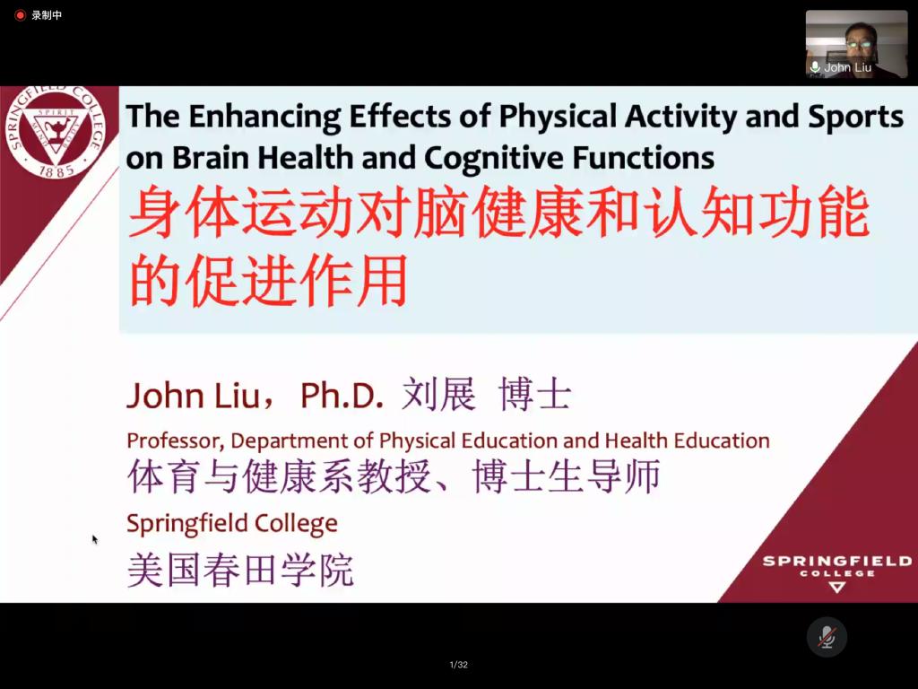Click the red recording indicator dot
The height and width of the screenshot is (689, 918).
pyautogui.click(x=20, y=15)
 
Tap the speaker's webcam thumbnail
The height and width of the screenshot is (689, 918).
pyautogui.click(x=856, y=44)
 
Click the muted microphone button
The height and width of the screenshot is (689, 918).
pyautogui.click(x=827, y=637)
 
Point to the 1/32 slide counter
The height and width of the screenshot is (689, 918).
pyautogui.click(x=458, y=665)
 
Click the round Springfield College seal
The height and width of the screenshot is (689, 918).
pyautogui.click(x=56, y=131)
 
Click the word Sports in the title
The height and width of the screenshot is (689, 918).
pyautogui.click(x=855, y=118)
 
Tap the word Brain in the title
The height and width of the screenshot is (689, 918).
pyautogui.click(x=212, y=158)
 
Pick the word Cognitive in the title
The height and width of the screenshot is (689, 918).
pyautogui.click(x=494, y=159)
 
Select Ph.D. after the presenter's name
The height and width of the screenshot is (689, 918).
pyautogui.click(x=342, y=395)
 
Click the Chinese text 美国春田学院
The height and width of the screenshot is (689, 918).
pyautogui.click(x=240, y=570)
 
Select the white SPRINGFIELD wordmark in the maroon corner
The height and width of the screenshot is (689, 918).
pyautogui.click(x=836, y=562)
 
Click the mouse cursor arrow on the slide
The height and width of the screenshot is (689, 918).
pyautogui.click(x=95, y=539)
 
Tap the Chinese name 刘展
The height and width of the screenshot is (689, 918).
pyautogui.click(x=438, y=394)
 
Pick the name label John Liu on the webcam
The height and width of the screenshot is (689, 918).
pyautogui.click(x=848, y=67)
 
